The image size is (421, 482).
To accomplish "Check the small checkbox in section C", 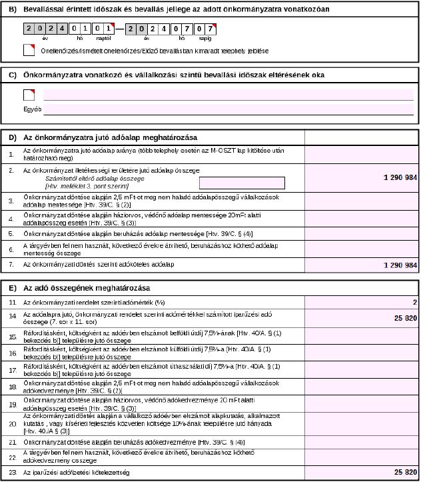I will pyautogui.click(x=28, y=95).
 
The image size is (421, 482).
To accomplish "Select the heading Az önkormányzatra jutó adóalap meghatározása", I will pyautogui.click(x=111, y=137).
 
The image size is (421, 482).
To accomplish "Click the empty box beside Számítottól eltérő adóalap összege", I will pyautogui.click(x=242, y=183).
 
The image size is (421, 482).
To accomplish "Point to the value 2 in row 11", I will pyautogui.click(x=414, y=302).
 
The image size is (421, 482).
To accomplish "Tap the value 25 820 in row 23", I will pyautogui.click(x=405, y=472).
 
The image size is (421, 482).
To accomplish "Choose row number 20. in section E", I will pyautogui.click(x=12, y=423).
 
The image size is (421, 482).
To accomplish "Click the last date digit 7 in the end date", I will pyautogui.click(x=209, y=29).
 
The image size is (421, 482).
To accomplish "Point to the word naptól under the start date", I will pyautogui.click(x=98, y=39).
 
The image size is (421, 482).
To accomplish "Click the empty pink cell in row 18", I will pyautogui.click(x=362, y=387).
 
